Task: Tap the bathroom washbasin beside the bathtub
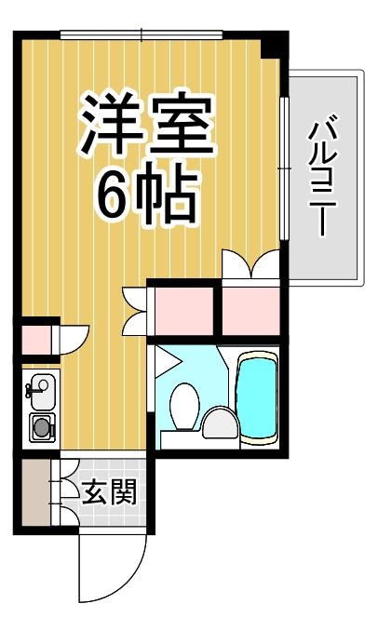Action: point(221,423)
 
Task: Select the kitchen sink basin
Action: point(40,388)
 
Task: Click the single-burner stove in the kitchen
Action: point(41,427)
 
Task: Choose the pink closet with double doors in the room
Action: point(182,313)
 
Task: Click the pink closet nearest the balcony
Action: point(250,313)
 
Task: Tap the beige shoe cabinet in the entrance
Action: point(35,492)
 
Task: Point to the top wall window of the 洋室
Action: point(142,35)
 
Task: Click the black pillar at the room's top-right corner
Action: point(274,43)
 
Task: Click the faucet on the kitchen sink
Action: point(29,389)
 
